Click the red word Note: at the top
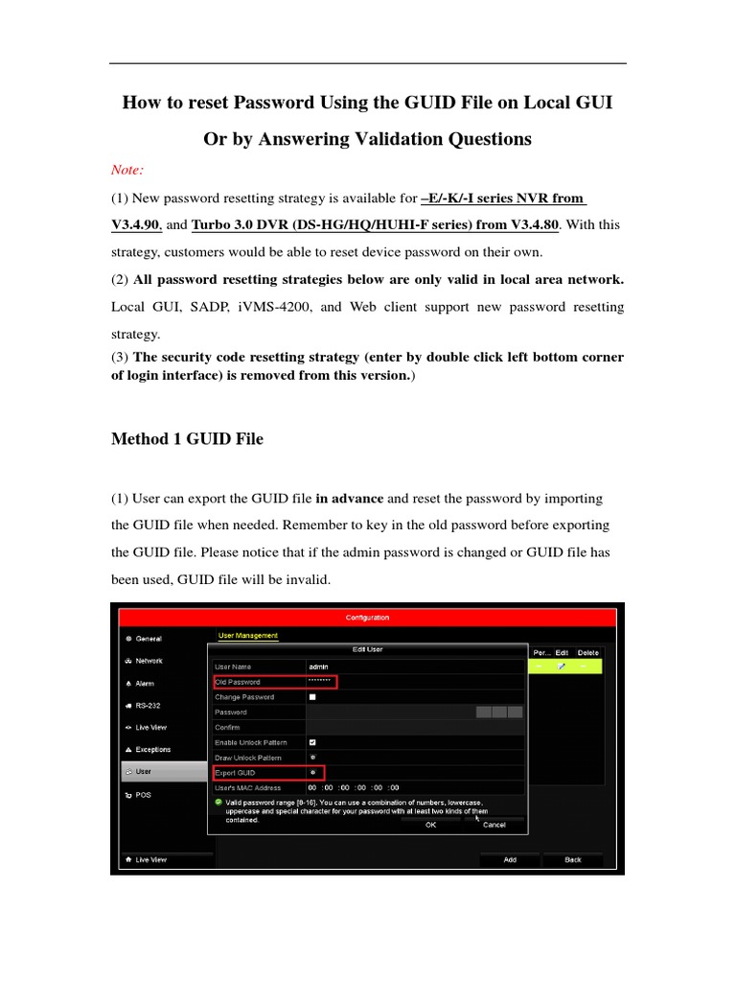click(127, 170)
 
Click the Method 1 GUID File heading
click(187, 439)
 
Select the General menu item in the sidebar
click(149, 639)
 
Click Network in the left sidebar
click(149, 661)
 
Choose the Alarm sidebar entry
click(144, 684)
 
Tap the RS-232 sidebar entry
click(147, 706)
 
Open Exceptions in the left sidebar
click(153, 750)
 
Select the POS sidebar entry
click(142, 795)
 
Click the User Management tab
click(247, 635)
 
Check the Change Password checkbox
click(312, 697)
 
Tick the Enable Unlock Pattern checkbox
click(312, 742)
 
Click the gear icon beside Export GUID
click(312, 772)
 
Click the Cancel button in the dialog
click(494, 824)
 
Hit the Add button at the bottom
click(510, 860)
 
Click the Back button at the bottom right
click(573, 860)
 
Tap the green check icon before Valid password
click(218, 802)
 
